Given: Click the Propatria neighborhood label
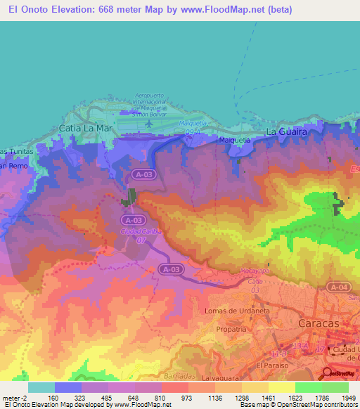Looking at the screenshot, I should click(x=231, y=329).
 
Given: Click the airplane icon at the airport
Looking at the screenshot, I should click(x=148, y=124).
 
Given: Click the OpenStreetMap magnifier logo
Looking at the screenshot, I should click(x=328, y=374).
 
